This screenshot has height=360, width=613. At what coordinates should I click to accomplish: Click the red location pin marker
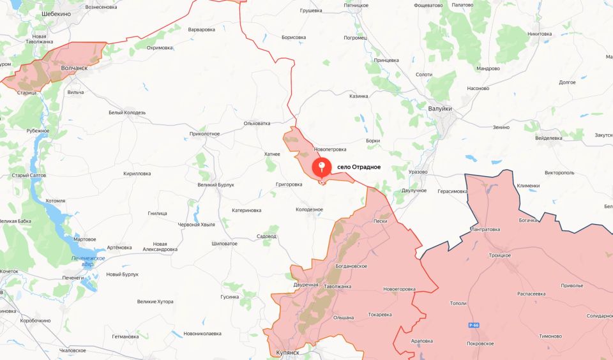pyautogui.click(x=322, y=169)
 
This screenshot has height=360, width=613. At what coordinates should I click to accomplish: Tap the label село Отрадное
pyautogui.click(x=359, y=167)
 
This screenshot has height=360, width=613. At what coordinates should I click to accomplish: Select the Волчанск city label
pyautogui.click(x=74, y=68)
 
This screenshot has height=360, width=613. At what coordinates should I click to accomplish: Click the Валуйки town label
pyautogui.click(x=440, y=109)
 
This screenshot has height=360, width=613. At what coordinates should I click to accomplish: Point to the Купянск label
pyautogui.click(x=284, y=352)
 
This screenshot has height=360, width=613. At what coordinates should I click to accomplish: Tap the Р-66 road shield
pyautogui.click(x=474, y=326)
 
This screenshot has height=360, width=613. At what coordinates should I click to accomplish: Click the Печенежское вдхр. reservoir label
pyautogui.click(x=87, y=261)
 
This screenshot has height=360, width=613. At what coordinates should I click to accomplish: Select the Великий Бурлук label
pyautogui.click(x=216, y=185)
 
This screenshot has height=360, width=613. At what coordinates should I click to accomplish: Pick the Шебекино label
pyautogui.click(x=56, y=13)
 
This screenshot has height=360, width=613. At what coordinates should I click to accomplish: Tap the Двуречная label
pyautogui.click(x=305, y=284)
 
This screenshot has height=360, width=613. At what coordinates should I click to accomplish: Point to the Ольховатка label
pyautogui.click(x=257, y=123)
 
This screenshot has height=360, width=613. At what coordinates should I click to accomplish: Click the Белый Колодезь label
pyautogui.click(x=127, y=112)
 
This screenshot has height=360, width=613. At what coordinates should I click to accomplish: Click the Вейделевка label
pyautogui.click(x=549, y=138)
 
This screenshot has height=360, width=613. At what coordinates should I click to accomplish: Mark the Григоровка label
pyautogui.click(x=289, y=184)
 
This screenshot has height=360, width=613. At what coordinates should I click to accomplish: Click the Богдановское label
pyautogui.click(x=351, y=266)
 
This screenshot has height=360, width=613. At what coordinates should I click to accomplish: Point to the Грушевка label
pyautogui.click(x=310, y=11)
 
